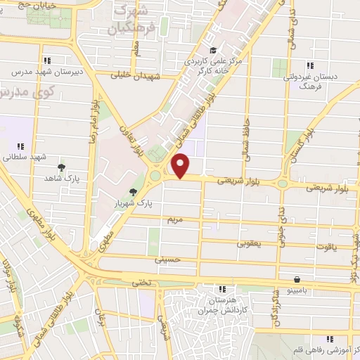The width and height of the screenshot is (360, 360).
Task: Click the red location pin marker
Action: click(181, 166)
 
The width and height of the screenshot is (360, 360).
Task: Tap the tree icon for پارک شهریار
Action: click(133, 192)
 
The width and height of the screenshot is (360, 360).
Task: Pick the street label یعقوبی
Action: click(250, 243)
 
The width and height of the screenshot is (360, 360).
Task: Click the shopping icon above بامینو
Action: click(297, 279)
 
